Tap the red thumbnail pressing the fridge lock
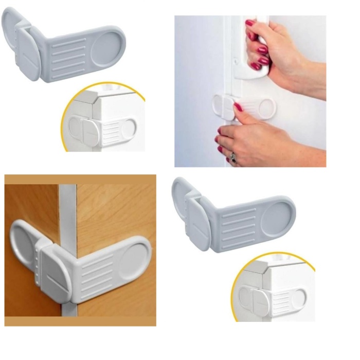238,107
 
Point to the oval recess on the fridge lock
266,108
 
